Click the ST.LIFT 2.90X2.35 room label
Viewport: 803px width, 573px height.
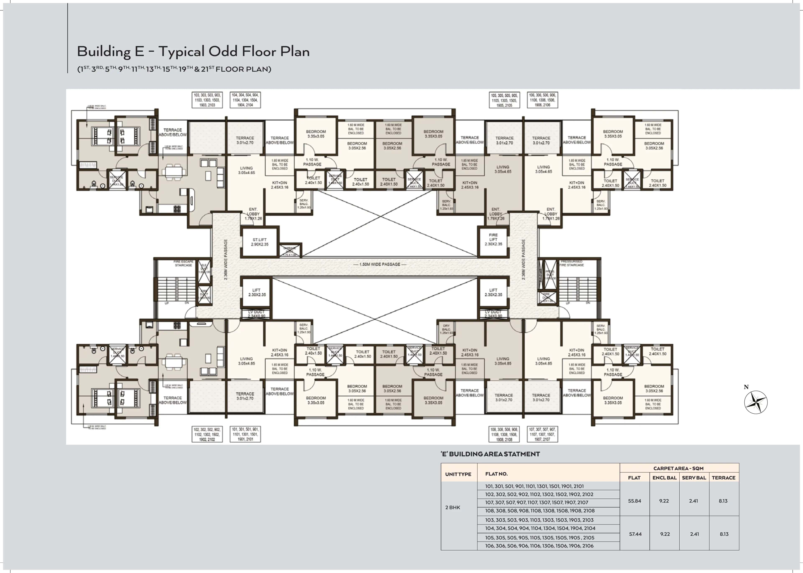click(x=260, y=242)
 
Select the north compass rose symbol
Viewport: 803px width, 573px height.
click(x=756, y=402)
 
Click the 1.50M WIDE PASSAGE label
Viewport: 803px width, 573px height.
click(x=380, y=264)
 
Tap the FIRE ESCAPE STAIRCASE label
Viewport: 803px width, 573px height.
click(x=183, y=263)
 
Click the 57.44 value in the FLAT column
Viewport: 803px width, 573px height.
click(x=635, y=534)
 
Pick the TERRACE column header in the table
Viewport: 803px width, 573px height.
click(x=723, y=478)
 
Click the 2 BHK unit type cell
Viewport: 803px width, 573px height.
click(x=453, y=507)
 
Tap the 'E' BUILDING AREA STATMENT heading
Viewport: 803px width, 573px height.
click(x=490, y=454)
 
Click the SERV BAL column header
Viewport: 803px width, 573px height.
click(x=694, y=478)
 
